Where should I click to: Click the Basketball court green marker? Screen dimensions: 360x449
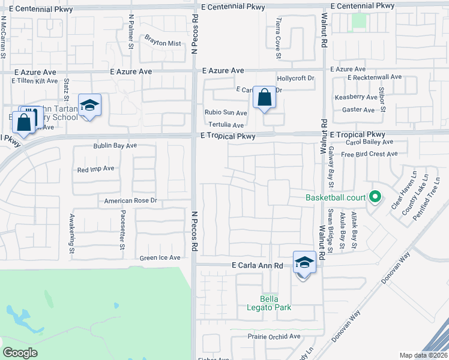(375, 197)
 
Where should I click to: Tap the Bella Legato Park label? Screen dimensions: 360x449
(276, 303)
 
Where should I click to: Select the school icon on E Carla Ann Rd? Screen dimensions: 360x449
(304, 263)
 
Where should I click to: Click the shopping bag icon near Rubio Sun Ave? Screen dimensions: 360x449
(264, 97)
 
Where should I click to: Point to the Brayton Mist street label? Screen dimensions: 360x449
(162, 43)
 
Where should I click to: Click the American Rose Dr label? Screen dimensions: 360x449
(130, 200)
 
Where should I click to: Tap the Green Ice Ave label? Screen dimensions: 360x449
(160, 257)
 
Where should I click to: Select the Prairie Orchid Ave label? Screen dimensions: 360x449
(274, 337)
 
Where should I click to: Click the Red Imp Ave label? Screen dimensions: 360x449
(95, 169)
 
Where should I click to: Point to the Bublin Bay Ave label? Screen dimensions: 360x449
(115, 146)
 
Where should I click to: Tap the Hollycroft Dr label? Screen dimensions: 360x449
(295, 79)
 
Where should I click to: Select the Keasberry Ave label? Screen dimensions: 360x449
(356, 97)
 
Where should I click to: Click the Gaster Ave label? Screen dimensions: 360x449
(358, 110)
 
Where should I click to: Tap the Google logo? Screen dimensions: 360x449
(20, 353)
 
